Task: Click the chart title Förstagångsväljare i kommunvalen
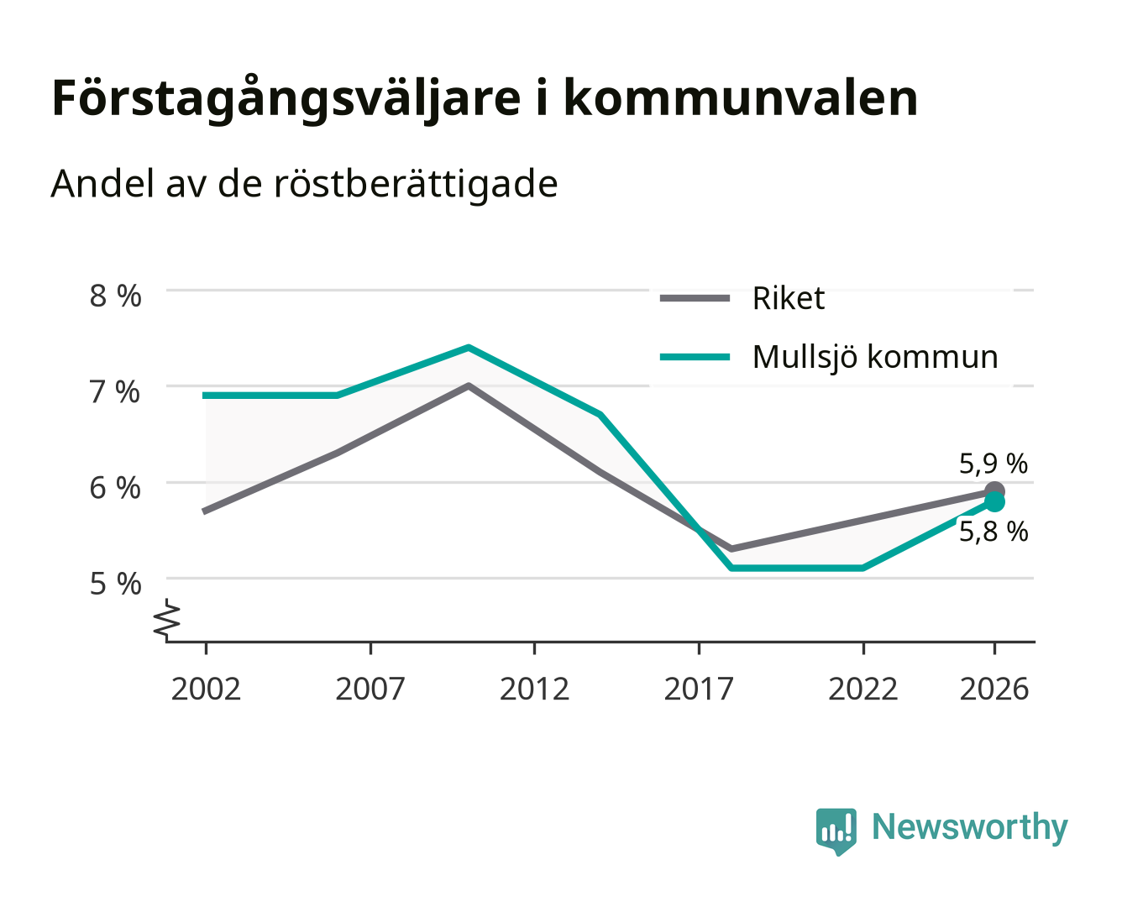[485, 99]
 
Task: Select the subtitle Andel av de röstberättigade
[304, 184]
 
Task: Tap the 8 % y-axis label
[115, 296]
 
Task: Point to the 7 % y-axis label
[115, 392]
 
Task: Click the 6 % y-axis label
[115, 488]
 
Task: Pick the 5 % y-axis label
[115, 585]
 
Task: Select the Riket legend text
[789, 298]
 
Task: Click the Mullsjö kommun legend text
[875, 358]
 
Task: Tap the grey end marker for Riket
[994, 491]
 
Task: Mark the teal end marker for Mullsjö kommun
[994, 502]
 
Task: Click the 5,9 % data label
[994, 464]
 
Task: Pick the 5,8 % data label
[994, 532]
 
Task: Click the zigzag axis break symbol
[167, 620]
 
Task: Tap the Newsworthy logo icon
[836, 831]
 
